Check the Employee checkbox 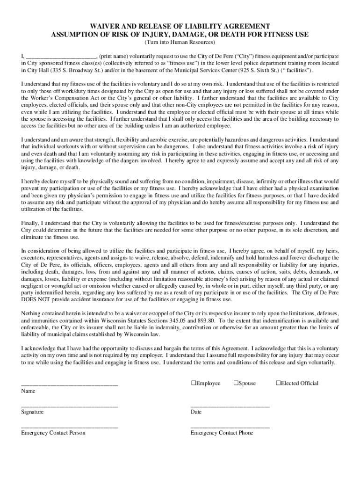click(193, 383)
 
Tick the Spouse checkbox click(236, 383)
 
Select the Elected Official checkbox click(278, 383)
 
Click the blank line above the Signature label click(69, 406)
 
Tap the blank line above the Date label click(230, 406)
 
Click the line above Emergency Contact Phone click(230, 427)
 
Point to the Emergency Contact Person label click(53, 433)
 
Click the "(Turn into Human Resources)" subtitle click(180, 42)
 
